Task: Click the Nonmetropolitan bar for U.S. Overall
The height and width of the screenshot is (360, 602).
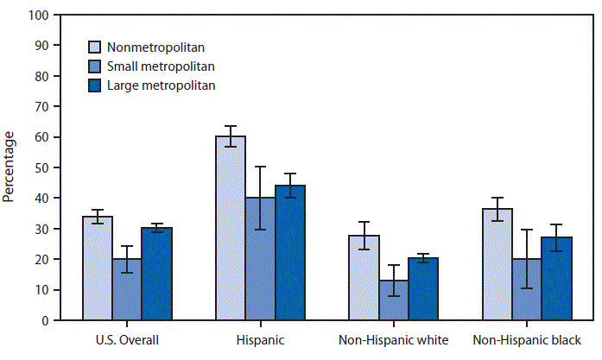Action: tap(97, 268)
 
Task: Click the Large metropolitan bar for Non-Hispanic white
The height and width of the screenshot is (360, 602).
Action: tap(423, 289)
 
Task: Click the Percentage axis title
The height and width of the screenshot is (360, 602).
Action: tap(9, 167)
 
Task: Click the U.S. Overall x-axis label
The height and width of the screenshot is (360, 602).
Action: tap(127, 339)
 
